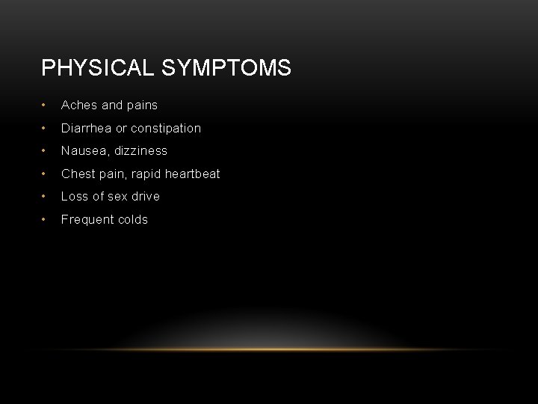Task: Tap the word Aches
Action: [x=79, y=105]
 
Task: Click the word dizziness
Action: [x=140, y=151]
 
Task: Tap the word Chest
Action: [x=78, y=174]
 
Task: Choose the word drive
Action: [x=146, y=197]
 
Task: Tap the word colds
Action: [x=134, y=220]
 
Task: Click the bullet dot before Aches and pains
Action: [x=45, y=105]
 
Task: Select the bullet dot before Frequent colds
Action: [x=45, y=220]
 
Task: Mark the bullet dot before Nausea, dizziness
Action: [x=45, y=151]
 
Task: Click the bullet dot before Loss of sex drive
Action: [x=45, y=197]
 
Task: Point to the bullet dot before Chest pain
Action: [x=45, y=174]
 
